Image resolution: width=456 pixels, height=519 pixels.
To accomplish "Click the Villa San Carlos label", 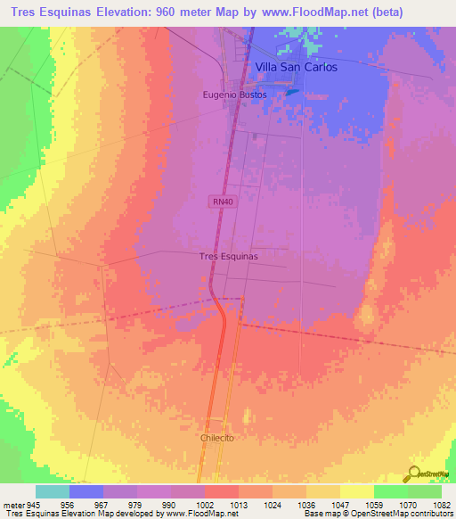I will (x=296, y=67).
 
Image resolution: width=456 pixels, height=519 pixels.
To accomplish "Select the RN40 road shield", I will (x=223, y=202).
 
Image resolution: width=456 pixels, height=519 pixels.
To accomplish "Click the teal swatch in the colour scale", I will (x=53, y=491).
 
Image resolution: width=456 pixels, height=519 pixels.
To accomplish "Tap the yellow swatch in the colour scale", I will (x=356, y=491).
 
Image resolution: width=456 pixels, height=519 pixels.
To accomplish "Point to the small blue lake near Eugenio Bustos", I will (x=292, y=91).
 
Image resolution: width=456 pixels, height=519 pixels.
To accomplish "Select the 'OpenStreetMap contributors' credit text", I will (x=404, y=514).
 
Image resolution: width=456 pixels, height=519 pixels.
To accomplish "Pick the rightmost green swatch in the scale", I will (x=424, y=491).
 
